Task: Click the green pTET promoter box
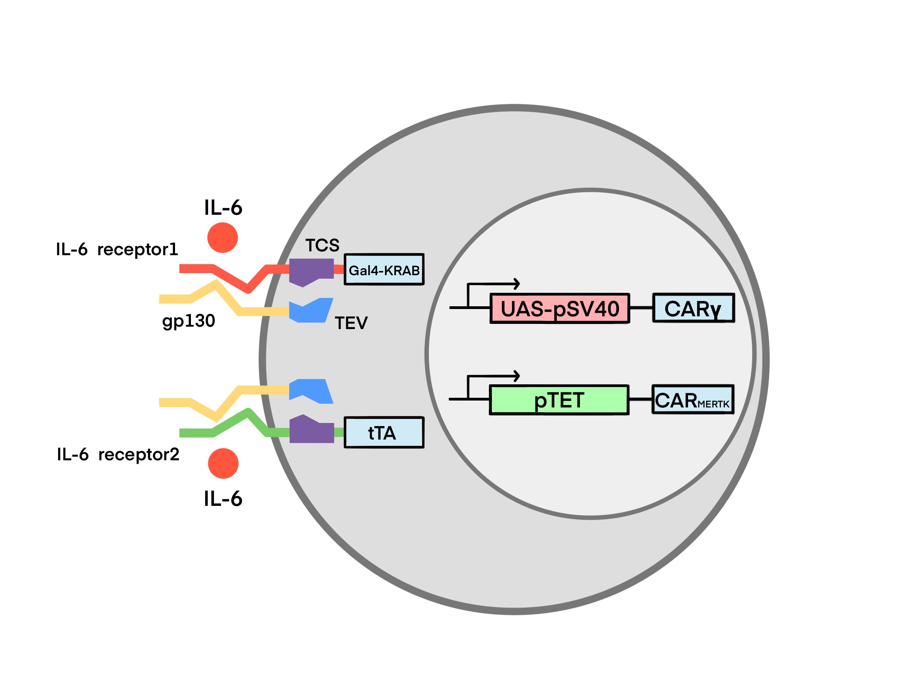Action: pos(559,400)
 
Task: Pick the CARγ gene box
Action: pos(693,308)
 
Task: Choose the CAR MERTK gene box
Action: pos(693,400)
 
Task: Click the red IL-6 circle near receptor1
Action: pos(223,238)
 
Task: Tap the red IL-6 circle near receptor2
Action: pos(223,464)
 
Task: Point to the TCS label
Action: pos(322,246)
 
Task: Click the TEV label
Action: pos(351,323)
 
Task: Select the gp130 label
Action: pos(188,321)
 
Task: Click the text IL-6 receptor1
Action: pos(117,249)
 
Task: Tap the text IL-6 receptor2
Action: pos(118,454)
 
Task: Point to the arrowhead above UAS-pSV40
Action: pos(517,284)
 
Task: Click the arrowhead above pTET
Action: pos(517,376)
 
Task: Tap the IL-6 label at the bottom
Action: pos(223,499)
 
